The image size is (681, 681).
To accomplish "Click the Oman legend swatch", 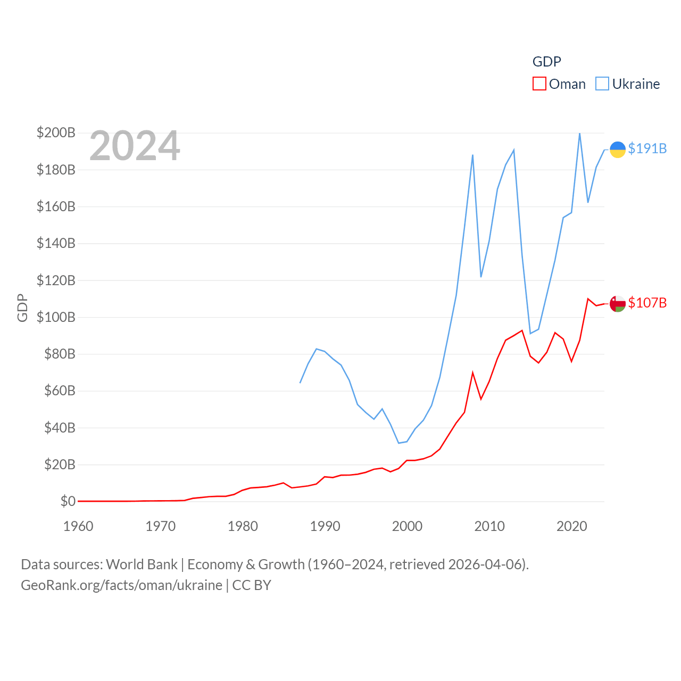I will [539, 84].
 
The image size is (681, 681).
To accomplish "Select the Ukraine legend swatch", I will [602, 84].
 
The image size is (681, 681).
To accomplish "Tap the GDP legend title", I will [546, 62].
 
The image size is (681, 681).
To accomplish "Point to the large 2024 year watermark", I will [135, 146].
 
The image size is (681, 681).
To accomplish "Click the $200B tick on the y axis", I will [56, 132].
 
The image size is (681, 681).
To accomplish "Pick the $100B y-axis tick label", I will [56, 317].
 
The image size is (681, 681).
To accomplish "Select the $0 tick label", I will [68, 501].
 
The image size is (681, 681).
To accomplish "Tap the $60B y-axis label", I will [60, 391].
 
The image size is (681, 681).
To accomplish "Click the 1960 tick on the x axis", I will [78, 526].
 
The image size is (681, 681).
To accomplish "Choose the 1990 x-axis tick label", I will [325, 526].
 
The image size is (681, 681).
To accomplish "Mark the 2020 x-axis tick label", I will [571, 526].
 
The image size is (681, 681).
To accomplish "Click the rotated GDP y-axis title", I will [22, 308].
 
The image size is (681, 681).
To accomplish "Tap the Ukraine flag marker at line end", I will [617, 150].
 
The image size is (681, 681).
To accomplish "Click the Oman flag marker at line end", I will [617, 304].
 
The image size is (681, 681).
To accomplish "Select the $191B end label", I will [647, 148].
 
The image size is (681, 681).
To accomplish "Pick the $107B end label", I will [647, 303].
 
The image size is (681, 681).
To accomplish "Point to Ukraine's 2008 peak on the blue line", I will [472, 155].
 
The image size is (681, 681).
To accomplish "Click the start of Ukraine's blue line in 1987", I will [300, 383].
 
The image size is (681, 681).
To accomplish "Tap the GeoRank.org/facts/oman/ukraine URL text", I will [121, 585].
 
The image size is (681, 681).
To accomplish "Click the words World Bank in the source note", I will [142, 564].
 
